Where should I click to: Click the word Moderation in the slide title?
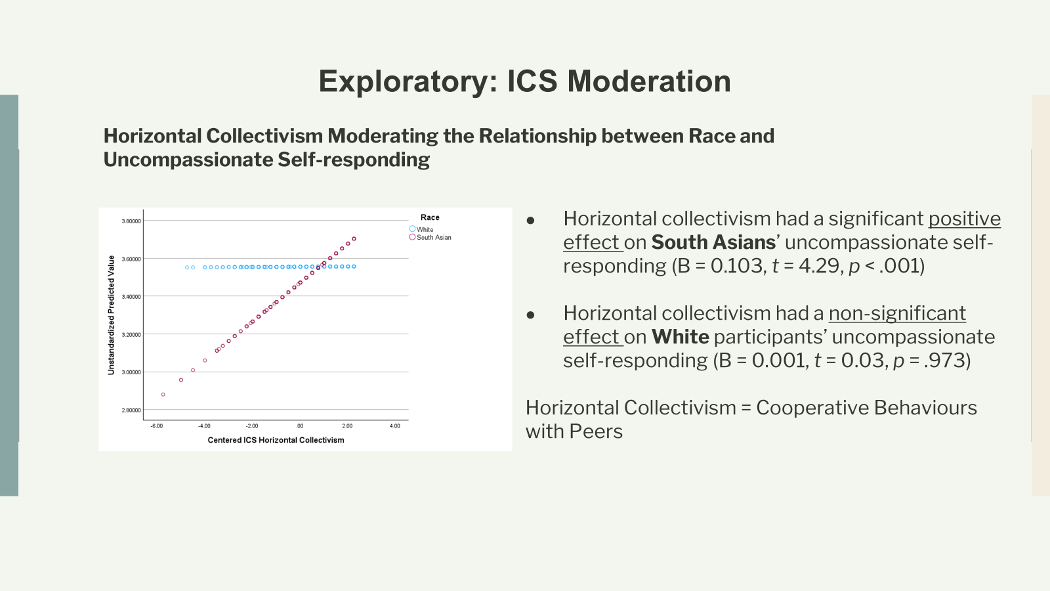click(x=649, y=81)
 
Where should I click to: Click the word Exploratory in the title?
click(x=408, y=81)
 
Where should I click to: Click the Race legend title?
click(x=430, y=217)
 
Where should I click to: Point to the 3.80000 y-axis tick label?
click(x=131, y=221)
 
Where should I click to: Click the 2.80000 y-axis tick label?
click(x=131, y=410)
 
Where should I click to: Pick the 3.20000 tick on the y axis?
click(x=131, y=335)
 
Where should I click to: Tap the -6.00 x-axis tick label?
click(x=157, y=426)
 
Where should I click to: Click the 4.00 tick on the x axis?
click(x=395, y=426)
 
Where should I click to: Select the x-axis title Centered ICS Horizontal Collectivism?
click(x=276, y=440)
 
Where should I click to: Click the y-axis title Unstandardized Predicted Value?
click(x=111, y=315)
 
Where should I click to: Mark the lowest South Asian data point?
click(x=163, y=395)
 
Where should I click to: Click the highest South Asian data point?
click(x=354, y=239)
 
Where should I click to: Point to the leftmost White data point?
click(x=187, y=267)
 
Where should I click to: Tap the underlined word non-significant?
click(x=897, y=313)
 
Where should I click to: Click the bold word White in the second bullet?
click(x=680, y=337)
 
